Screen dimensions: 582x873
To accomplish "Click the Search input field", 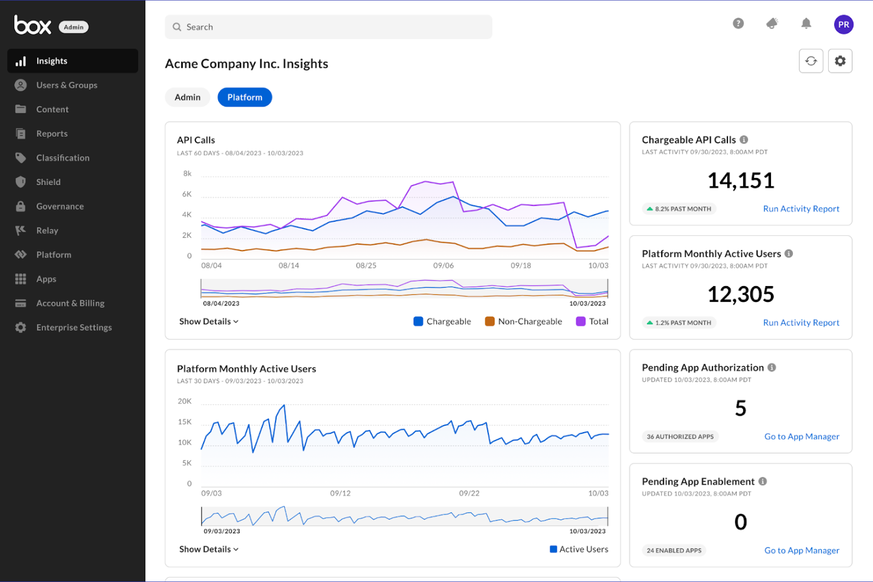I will point(328,27).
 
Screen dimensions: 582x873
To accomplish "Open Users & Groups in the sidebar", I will point(66,85).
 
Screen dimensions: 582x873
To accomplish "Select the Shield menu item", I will point(48,182).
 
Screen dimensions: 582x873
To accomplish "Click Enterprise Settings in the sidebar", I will point(73,327).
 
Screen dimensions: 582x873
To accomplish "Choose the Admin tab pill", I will point(188,97).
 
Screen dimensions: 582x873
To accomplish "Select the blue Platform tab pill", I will point(245,97).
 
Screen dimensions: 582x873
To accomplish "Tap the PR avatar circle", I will point(844,25).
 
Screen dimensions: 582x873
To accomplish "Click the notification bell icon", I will point(806,24).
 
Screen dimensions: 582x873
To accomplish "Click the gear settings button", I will point(840,61).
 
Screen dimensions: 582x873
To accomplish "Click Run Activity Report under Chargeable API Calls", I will point(800,209).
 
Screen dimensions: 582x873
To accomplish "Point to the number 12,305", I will point(740,294).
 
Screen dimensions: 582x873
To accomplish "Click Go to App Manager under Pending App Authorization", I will point(801,436).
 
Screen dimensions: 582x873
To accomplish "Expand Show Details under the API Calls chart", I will point(209,321).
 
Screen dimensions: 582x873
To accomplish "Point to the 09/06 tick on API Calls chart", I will point(444,265).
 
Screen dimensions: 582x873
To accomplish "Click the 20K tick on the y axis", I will point(185,401).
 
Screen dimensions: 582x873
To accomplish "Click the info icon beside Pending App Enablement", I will point(763,481).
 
